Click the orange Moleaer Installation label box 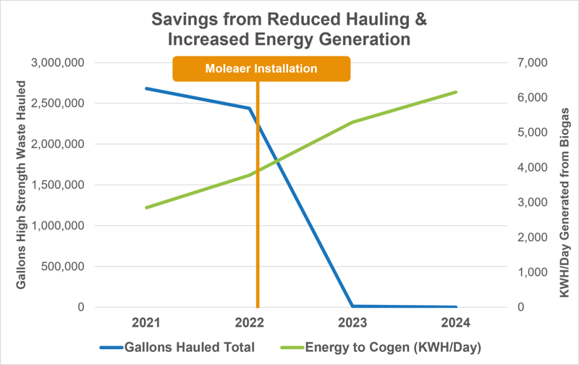261,69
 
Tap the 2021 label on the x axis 147,322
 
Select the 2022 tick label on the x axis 250,322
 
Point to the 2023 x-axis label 353,322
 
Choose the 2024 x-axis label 457,322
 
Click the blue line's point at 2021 147,88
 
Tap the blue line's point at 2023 353,306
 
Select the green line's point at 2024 457,92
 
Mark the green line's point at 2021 147,208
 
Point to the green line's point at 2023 353,122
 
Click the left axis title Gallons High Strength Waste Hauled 22,185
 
